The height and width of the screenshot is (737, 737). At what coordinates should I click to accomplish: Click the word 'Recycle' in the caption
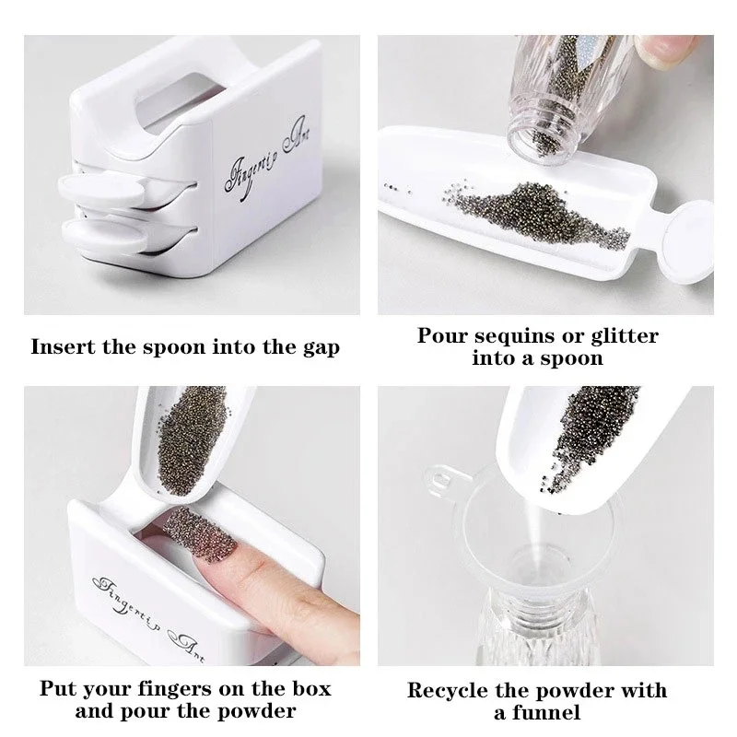pyautogui.click(x=447, y=690)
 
